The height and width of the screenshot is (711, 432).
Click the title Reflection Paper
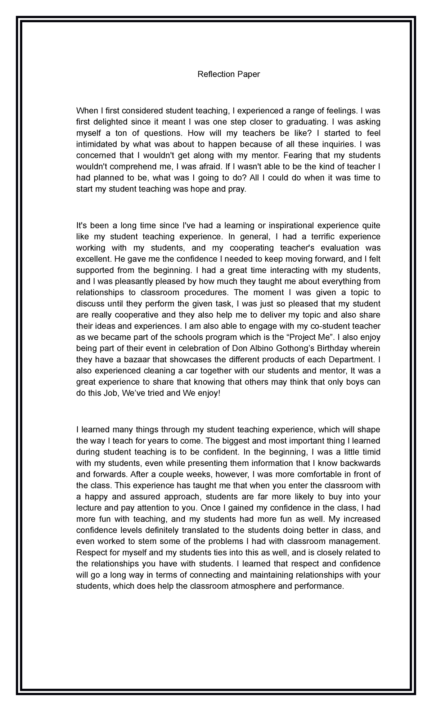point(229,74)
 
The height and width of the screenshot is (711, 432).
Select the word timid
point(371,452)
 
